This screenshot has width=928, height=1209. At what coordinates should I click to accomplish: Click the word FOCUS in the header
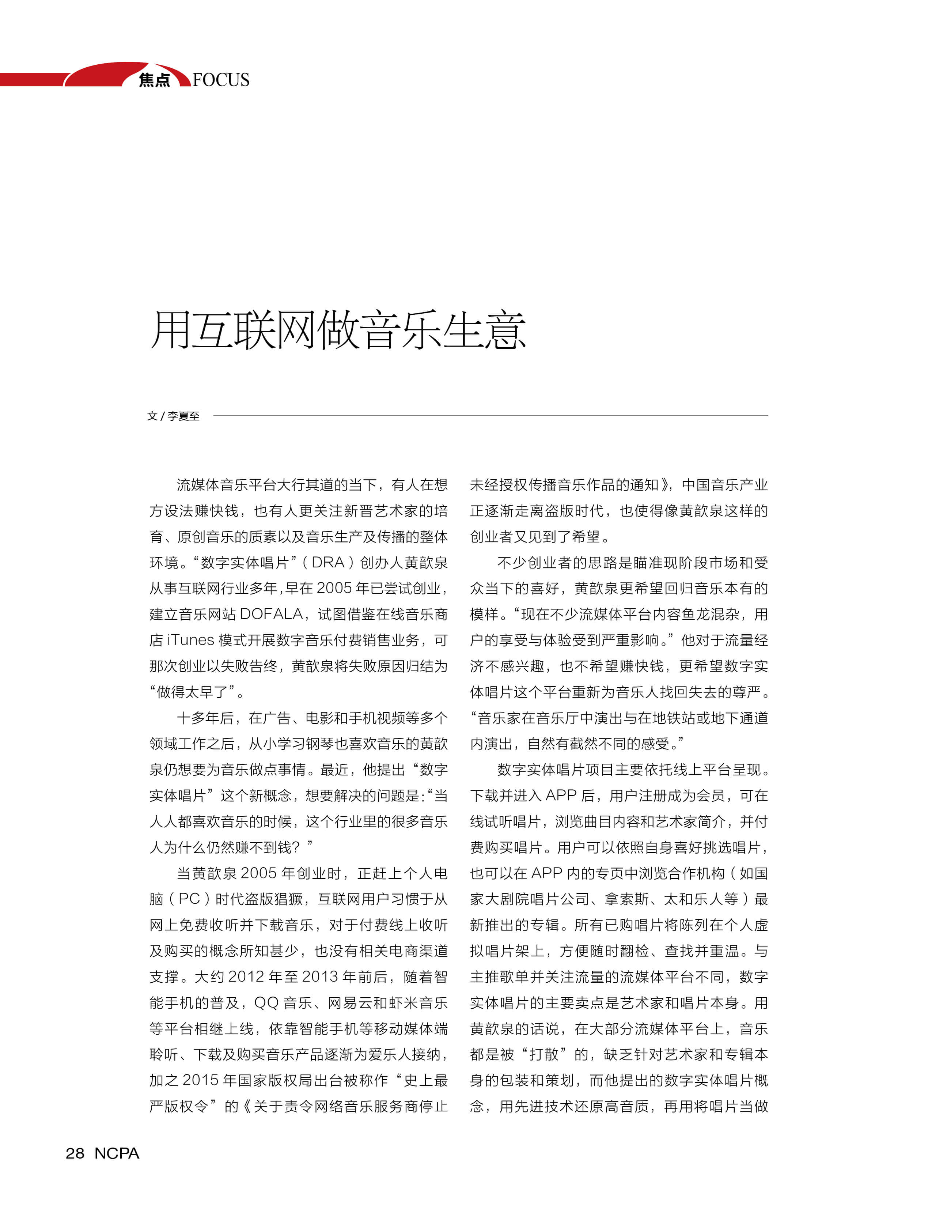coord(221,80)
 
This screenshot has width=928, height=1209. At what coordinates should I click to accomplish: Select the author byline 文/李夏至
coord(173,416)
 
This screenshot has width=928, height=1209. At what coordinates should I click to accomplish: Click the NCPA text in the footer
coord(117,1153)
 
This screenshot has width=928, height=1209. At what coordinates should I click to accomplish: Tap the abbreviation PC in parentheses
coord(189,899)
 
